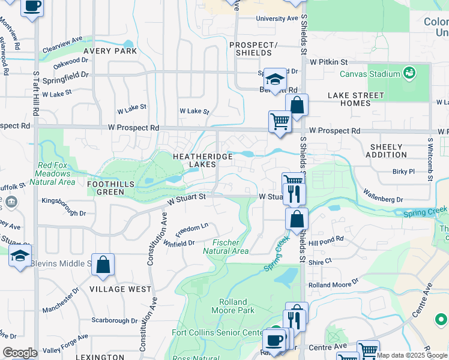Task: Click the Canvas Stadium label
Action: click(x=370, y=74)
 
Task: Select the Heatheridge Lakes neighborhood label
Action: click(x=202, y=160)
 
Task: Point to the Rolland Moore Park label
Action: click(x=233, y=306)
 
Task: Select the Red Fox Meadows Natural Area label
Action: click(x=56, y=173)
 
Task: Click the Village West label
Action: click(x=120, y=289)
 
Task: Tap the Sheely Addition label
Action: click(x=386, y=151)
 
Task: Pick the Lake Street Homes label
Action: click(x=356, y=99)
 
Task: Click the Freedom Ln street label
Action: click(x=192, y=229)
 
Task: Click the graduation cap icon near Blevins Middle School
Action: click(x=20, y=256)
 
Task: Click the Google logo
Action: click(x=20, y=353)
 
